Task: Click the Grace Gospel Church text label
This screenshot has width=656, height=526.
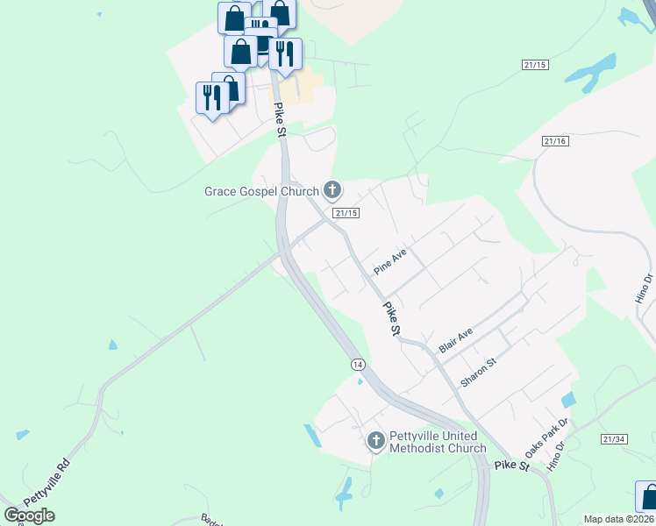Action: point(261,191)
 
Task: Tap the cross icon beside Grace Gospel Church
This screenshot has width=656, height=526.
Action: point(332,188)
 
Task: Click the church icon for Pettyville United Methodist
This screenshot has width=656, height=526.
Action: point(375,440)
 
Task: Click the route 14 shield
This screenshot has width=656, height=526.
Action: point(357,363)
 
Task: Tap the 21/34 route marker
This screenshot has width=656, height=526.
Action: point(614,438)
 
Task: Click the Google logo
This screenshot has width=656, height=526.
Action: point(29,515)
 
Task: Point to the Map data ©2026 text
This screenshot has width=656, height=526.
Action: point(619,519)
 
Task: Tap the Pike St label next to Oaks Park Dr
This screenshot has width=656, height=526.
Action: point(511,466)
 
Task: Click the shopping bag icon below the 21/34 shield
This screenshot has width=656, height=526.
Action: point(647,494)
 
